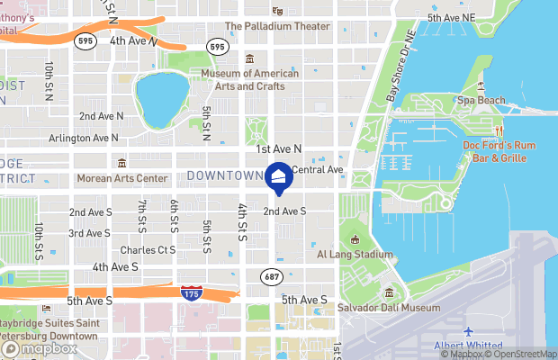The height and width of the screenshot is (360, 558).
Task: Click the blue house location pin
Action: pyautogui.click(x=279, y=177)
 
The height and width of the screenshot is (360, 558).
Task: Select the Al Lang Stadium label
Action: pyautogui.click(x=355, y=255)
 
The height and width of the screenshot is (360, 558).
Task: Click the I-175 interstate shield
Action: pyautogui.click(x=191, y=292)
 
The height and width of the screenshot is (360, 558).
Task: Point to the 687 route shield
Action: pyautogui.click(x=271, y=275)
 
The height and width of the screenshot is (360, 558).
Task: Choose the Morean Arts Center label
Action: pyautogui.click(x=121, y=178)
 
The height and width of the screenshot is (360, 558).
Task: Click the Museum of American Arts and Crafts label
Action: pyautogui.click(x=249, y=79)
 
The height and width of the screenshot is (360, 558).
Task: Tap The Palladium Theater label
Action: pyautogui.click(x=276, y=26)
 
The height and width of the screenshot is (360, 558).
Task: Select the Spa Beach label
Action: pyautogui.click(x=479, y=101)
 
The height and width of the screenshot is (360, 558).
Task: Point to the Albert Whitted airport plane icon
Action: pyautogui.click(x=468, y=332)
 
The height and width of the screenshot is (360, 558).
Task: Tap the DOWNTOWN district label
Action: pyautogui.click(x=225, y=175)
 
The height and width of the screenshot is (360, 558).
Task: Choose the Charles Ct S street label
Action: pyautogui.click(x=148, y=250)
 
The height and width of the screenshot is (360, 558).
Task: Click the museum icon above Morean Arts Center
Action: pyautogui.click(x=121, y=163)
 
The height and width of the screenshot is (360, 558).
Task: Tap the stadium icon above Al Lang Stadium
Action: pyautogui.click(x=355, y=239)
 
